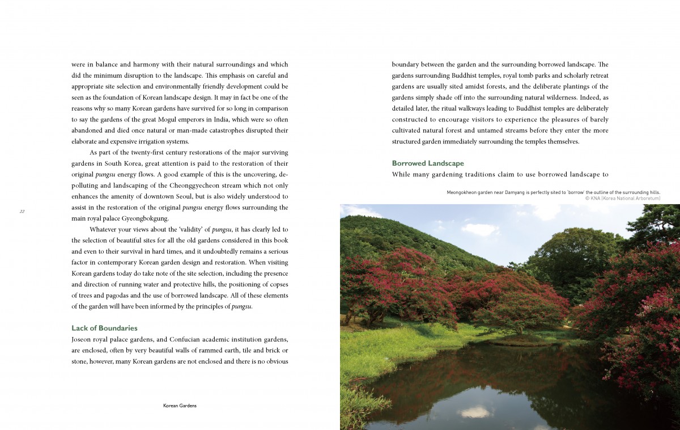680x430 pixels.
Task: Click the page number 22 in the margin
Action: point(22,211)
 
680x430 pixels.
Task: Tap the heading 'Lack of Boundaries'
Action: point(104,328)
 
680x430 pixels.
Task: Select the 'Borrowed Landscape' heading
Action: point(428,163)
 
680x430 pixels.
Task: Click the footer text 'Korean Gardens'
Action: point(180,406)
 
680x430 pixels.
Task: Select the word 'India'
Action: point(240,120)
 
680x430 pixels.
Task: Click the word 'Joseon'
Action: point(82,340)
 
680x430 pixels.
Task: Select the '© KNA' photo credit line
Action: point(622,199)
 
